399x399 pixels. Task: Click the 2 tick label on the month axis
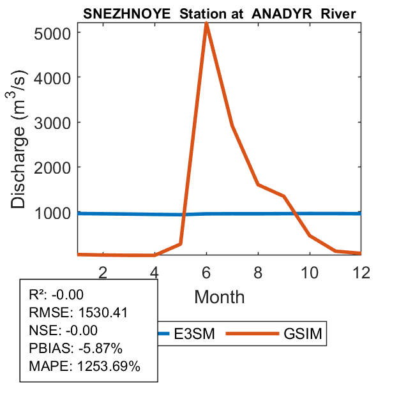coord(103,272)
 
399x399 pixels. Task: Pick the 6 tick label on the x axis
coord(206,272)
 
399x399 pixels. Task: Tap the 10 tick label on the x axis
coord(310,272)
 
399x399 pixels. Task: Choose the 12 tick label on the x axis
coord(361,272)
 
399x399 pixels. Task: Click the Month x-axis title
coord(219,297)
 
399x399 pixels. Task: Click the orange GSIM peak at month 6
coord(206,24)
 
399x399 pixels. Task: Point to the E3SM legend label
coord(194,333)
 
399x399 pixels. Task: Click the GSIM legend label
coord(301,333)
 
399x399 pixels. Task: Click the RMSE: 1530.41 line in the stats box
coord(79,313)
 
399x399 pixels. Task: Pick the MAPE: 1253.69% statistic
coord(84,366)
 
